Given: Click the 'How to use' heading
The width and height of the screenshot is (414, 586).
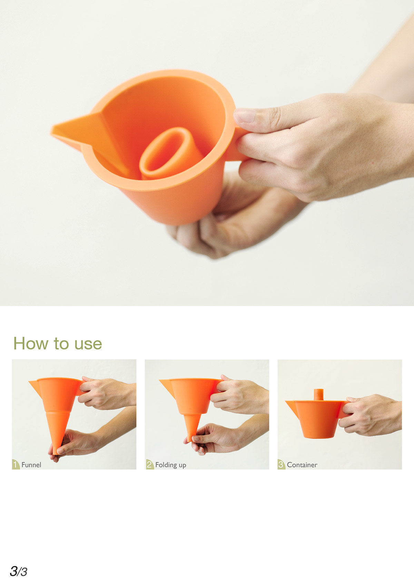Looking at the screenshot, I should [x=58, y=344].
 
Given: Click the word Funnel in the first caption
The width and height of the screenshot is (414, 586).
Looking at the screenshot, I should [x=31, y=465].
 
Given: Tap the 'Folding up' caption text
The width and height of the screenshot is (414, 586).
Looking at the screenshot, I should [x=170, y=465].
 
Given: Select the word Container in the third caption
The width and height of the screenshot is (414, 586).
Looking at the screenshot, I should [x=302, y=465].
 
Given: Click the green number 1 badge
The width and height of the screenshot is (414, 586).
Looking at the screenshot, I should [x=16, y=464].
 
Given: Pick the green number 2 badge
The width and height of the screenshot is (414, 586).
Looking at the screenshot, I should [x=149, y=464].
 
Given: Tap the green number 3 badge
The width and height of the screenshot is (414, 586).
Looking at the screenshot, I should [x=281, y=464].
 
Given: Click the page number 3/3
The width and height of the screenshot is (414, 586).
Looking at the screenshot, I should [x=18, y=571].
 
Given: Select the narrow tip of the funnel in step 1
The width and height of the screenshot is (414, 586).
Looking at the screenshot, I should [x=55, y=449].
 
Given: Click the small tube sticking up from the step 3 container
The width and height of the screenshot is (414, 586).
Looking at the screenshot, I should [x=318, y=394].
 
